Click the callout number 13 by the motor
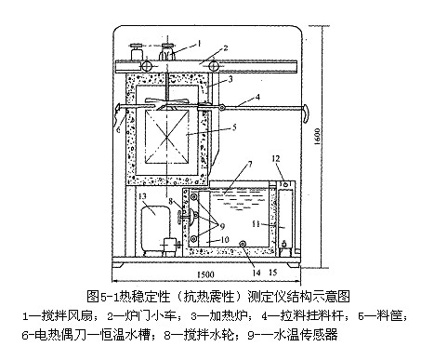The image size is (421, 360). pyautogui.click(x=142, y=196)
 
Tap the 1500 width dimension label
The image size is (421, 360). pyautogui.click(x=205, y=274)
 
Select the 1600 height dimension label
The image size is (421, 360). pyautogui.click(x=317, y=137)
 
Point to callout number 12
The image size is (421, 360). pyautogui.click(x=276, y=159)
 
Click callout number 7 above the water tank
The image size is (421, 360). pyautogui.click(x=250, y=165)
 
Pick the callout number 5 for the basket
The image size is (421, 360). pyautogui.click(x=234, y=127)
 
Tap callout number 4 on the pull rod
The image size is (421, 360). pyautogui.click(x=257, y=97)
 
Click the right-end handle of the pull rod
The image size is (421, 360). pyautogui.click(x=306, y=113)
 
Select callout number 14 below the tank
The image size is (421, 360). pyautogui.click(x=257, y=273)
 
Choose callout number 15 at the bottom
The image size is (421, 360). pyautogui.click(x=273, y=273)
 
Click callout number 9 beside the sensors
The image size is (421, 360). pyautogui.click(x=222, y=226)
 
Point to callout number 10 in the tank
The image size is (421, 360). pyautogui.click(x=225, y=240)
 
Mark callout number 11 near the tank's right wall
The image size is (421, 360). pyautogui.click(x=256, y=223)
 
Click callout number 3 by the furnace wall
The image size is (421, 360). pyautogui.click(x=230, y=79)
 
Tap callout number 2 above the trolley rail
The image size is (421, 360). pyautogui.click(x=226, y=48)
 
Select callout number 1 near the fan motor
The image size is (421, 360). pyautogui.click(x=199, y=43)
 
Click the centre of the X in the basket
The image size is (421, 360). pyautogui.click(x=167, y=136)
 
